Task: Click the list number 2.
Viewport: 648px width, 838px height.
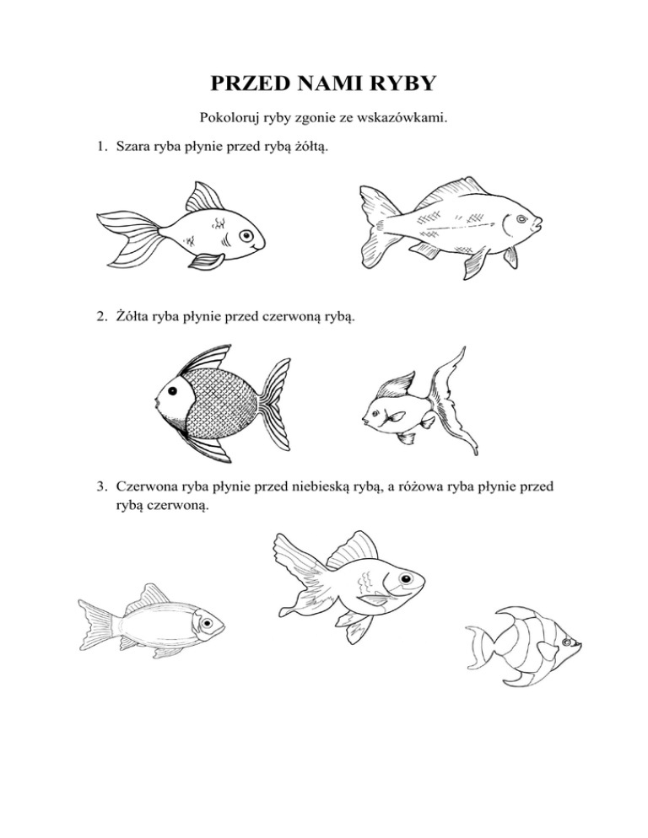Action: (101, 317)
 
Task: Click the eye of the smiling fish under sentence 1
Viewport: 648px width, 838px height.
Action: (246, 236)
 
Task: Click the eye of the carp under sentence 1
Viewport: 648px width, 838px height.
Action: (521, 219)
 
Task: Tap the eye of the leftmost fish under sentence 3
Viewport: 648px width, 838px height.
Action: (207, 623)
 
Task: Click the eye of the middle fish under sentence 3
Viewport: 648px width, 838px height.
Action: (407, 579)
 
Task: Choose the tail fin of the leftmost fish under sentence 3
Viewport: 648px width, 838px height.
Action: (96, 624)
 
